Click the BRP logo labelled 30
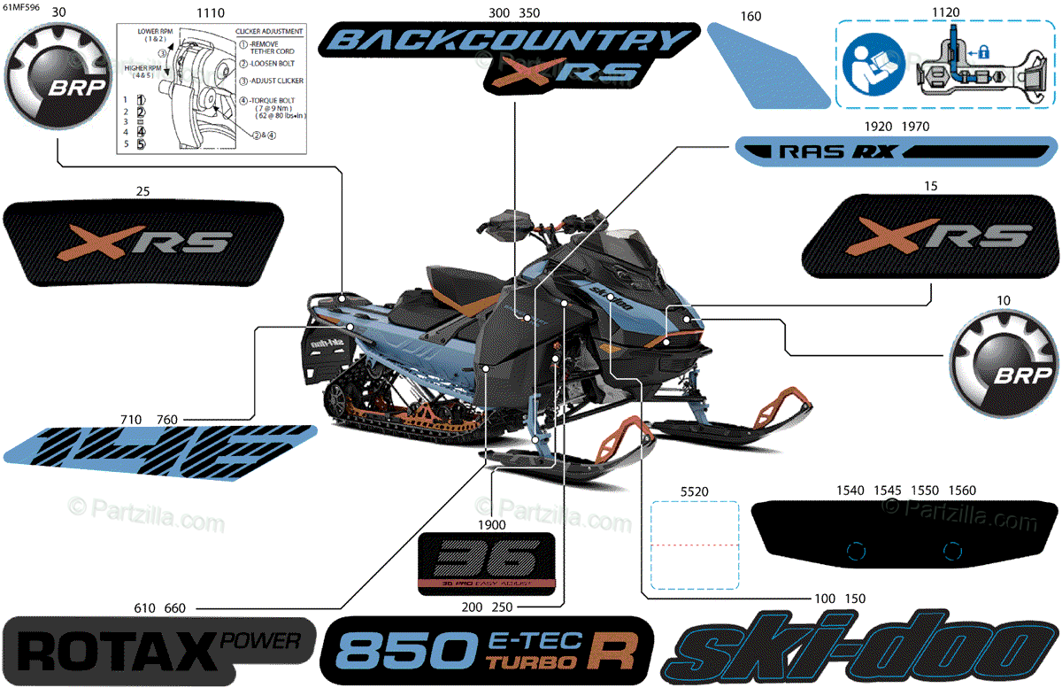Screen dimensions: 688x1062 [x=57, y=82]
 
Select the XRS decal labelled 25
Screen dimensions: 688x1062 [x=146, y=243]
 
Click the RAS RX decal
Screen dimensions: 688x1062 [x=896, y=151]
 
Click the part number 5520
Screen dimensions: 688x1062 [x=694, y=491]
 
